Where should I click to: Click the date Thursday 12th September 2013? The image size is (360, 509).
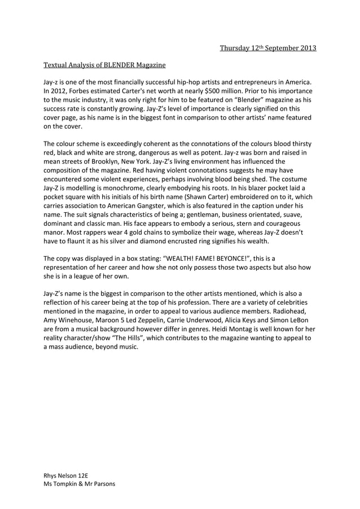point(267,47)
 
